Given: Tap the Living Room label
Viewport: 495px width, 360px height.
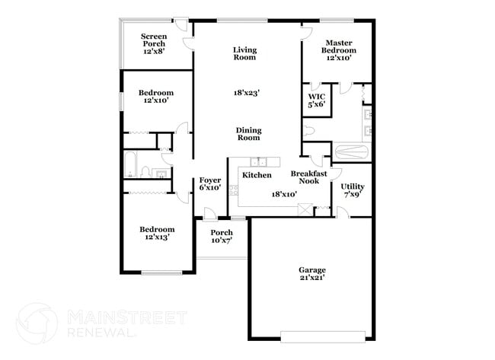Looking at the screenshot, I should pyautogui.click(x=245, y=54).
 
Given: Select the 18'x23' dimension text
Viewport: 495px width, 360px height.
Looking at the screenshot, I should pyautogui.click(x=247, y=93).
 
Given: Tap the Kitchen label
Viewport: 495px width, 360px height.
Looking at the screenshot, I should pyautogui.click(x=257, y=176).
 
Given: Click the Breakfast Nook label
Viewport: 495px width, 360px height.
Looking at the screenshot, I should pyautogui.click(x=309, y=177).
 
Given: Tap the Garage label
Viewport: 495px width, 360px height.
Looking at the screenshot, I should pyautogui.click(x=311, y=270).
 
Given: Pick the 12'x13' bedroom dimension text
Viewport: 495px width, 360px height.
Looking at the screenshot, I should pyautogui.click(x=156, y=237).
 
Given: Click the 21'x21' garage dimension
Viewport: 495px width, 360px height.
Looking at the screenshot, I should pyautogui.click(x=311, y=279).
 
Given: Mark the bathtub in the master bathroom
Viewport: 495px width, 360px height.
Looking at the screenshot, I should pyautogui.click(x=353, y=151).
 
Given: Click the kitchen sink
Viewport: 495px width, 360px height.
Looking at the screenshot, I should pyautogui.click(x=260, y=161).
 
